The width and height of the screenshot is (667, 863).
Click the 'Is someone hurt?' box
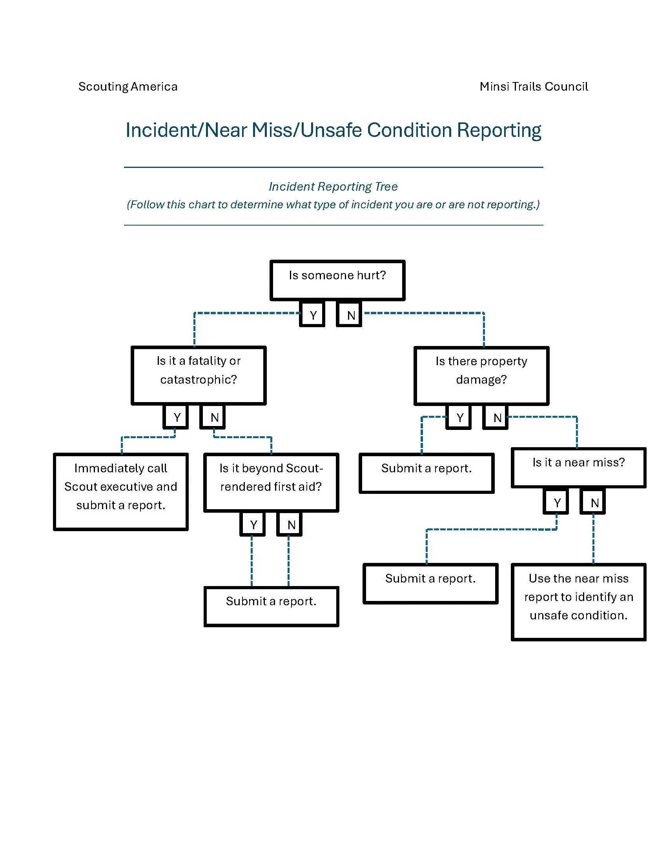pyautogui.click(x=337, y=280)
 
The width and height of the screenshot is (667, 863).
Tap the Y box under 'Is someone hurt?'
pyautogui.click(x=312, y=315)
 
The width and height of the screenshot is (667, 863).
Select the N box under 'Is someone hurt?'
pyautogui.click(x=349, y=315)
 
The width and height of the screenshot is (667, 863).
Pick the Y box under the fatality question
pyautogui.click(x=176, y=417)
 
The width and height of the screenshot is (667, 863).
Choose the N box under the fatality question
pyautogui.click(x=213, y=417)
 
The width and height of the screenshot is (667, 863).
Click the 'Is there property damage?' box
pyautogui.click(x=481, y=375)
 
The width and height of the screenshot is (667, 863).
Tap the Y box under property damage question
pyautogui.click(x=459, y=417)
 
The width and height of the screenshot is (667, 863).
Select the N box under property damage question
pyautogui.click(x=496, y=417)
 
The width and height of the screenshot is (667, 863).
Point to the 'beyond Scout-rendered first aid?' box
pyautogui.click(x=271, y=482)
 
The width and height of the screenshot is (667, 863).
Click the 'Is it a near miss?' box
pyautogui.click(x=578, y=467)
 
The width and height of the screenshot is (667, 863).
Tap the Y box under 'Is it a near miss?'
pyautogui.click(x=556, y=502)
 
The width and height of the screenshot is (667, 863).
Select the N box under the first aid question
pyautogui.click(x=290, y=524)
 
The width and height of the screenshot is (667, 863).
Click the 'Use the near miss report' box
pyautogui.click(x=578, y=601)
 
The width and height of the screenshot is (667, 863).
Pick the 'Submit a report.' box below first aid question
pyautogui.click(x=271, y=606)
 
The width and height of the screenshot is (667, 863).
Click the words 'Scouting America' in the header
pyautogui.click(x=128, y=86)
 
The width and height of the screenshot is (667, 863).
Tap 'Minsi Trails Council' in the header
pyautogui.click(x=534, y=86)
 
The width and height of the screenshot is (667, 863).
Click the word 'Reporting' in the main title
pyautogui.click(x=499, y=130)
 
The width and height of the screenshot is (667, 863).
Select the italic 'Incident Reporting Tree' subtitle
pyautogui.click(x=333, y=186)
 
